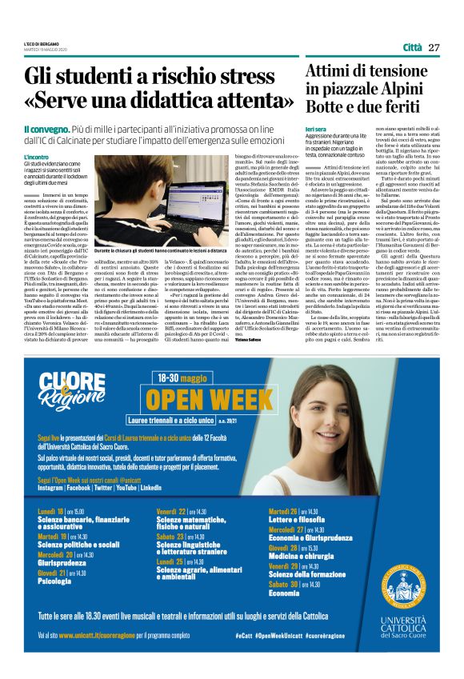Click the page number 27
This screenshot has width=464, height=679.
click(434, 47)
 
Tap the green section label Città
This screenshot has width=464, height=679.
click(412, 47)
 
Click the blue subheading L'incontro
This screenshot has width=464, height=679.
click(37, 157)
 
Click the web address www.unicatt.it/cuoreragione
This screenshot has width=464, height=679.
click(82, 635)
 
